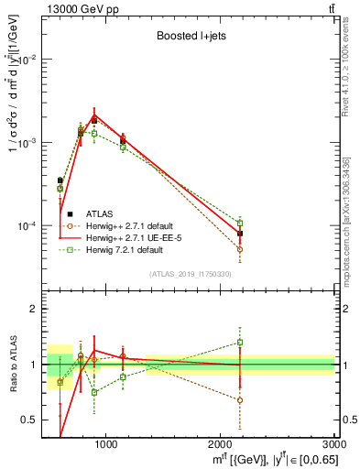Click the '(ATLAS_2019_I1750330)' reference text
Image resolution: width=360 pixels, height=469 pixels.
(x=191, y=274)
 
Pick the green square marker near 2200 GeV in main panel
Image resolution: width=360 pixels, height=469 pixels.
(x=240, y=223)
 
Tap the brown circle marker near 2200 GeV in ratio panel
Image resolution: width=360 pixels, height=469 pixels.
(x=240, y=400)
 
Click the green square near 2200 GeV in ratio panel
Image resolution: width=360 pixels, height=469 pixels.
(x=240, y=343)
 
